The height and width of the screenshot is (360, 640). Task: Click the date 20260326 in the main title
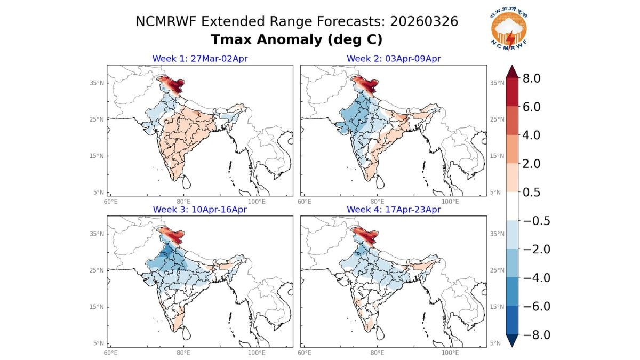(424, 21)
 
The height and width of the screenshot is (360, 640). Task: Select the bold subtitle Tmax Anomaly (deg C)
(297, 40)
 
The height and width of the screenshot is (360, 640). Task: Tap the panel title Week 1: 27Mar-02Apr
(199, 58)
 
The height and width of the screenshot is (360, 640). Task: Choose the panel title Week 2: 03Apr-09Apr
(394, 58)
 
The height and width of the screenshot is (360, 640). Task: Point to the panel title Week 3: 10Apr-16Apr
(199, 210)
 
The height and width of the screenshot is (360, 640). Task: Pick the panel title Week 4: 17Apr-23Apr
(394, 210)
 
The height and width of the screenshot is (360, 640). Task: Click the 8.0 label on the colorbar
(531, 78)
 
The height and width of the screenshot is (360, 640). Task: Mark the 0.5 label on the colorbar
(531, 192)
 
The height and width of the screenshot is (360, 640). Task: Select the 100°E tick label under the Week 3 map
(257, 353)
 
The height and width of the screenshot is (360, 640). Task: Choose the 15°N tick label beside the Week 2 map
(497, 156)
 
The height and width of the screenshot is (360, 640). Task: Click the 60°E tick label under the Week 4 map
(305, 353)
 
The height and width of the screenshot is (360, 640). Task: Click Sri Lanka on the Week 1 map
(186, 182)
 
